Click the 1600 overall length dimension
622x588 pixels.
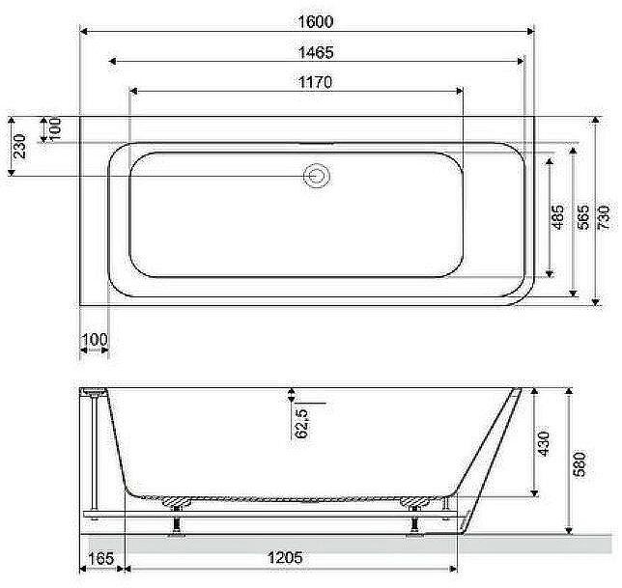[x=316, y=21]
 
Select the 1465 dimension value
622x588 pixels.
[x=316, y=52]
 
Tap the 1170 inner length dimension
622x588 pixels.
[x=315, y=82]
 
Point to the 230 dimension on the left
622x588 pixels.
[x=20, y=147]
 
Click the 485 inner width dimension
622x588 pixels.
[x=558, y=217]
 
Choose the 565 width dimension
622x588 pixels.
[x=582, y=217]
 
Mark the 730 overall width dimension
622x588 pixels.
[x=604, y=217]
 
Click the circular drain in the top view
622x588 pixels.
[x=316, y=176]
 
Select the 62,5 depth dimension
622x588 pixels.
[x=302, y=423]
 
